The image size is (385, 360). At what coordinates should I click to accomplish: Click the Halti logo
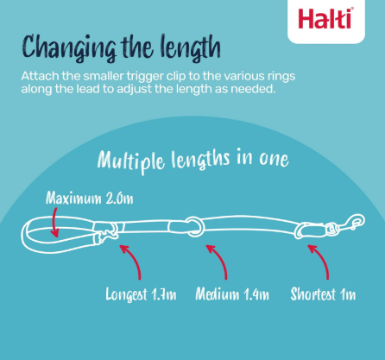coord(325,19)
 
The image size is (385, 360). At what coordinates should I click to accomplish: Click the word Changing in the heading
coord(69,48)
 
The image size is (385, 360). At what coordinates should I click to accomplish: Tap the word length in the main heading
coord(191,48)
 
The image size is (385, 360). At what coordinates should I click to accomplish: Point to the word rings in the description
coord(281,77)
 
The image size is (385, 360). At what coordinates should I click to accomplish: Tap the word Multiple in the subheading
coord(131,161)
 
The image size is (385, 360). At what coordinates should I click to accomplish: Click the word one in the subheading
coord(274,159)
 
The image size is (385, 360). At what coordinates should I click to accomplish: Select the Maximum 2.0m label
coord(90,198)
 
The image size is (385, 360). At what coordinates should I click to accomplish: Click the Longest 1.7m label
coord(141,294)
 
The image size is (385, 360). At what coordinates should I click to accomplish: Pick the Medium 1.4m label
coord(232,294)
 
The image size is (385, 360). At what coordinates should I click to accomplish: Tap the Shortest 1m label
coord(323,294)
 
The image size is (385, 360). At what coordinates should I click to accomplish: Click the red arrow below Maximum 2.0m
coord(54,222)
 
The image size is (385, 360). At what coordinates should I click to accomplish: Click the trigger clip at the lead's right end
coord(349,223)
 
